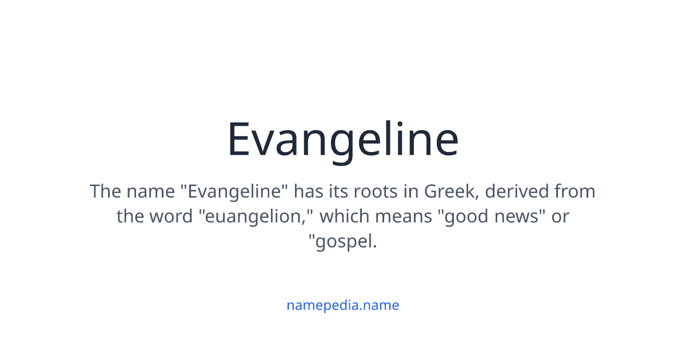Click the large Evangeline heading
tap(342, 140)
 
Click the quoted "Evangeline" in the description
tap(234, 191)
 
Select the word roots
tap(376, 191)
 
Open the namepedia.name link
tap(342, 305)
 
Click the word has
tap(308, 191)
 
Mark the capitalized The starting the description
tap(105, 191)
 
